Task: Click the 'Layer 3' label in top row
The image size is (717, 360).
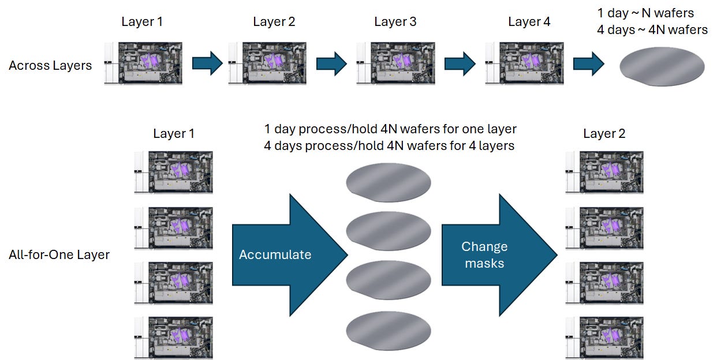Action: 395,22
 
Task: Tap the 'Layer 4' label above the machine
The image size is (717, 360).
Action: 529,22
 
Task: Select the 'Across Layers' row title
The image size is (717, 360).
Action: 50,65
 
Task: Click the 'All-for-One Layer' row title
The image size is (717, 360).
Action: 59,255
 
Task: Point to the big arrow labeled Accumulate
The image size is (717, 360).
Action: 290,255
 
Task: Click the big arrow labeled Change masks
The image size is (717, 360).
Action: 499,255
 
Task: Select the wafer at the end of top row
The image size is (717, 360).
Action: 662,66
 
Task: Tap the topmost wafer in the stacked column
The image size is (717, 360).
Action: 389,182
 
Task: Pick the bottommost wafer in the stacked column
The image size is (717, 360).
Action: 389,331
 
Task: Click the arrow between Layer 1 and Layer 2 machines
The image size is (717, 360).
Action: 207,63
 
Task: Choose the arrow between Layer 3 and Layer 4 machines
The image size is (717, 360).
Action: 460,63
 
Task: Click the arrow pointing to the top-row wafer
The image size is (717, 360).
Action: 589,63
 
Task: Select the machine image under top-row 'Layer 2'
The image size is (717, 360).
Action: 267,63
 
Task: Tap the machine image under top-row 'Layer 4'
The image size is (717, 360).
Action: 524,63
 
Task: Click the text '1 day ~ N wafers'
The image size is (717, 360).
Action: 645,13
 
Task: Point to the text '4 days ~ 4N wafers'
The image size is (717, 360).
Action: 652,30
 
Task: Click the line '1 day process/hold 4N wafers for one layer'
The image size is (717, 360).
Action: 390,129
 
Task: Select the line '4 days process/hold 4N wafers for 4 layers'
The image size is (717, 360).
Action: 389,145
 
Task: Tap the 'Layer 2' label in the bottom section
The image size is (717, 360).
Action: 604,133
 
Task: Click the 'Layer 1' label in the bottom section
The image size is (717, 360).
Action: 174,133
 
